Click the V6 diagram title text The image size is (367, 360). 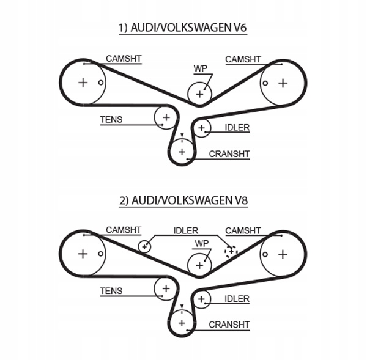183,27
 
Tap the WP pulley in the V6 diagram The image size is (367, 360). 199,94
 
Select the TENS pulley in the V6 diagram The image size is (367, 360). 165,116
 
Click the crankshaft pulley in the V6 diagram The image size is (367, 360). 181,150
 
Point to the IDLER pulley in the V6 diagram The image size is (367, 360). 202,127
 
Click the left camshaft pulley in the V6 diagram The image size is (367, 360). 83,83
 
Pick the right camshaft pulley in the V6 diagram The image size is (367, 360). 282,83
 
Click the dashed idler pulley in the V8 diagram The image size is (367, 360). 231,251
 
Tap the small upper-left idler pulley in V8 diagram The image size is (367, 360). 145,246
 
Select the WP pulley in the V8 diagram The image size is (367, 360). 199,265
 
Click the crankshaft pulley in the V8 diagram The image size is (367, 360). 181,321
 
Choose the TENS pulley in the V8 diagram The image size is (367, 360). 165,287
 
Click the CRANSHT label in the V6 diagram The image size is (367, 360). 229,154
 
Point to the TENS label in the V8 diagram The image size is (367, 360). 111,292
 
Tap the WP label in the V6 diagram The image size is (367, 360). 200,68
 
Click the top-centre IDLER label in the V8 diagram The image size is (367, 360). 186,230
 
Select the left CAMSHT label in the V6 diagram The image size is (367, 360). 124,59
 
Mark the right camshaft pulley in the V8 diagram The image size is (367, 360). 282,254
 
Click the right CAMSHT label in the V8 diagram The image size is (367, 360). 243,230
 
